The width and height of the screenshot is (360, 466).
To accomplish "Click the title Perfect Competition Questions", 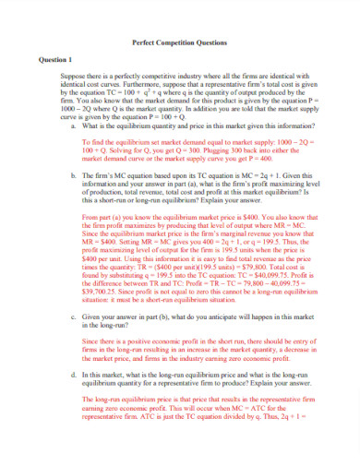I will point(179,42).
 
